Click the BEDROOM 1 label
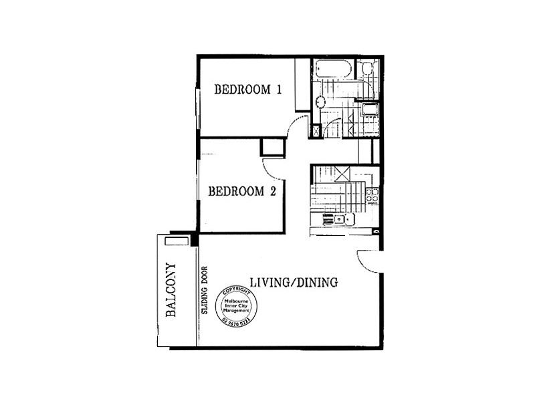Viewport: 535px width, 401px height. pos(247,90)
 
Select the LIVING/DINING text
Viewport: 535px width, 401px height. pos(294,282)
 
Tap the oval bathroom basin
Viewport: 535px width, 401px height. pos(320,102)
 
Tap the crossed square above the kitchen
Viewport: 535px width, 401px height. pos(343,173)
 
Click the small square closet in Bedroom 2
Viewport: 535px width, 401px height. pos(272,146)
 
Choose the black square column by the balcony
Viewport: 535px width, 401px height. pos(194,237)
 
